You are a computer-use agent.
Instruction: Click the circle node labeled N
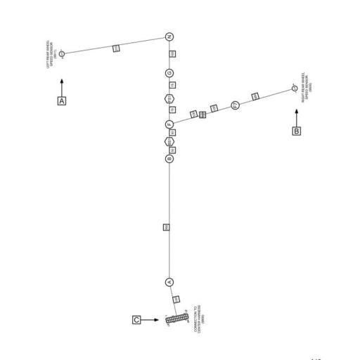click(x=169, y=37)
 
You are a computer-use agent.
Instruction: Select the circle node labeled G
click(x=169, y=72)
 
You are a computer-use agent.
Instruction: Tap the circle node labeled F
click(x=169, y=124)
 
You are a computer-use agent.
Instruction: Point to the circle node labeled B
click(x=169, y=160)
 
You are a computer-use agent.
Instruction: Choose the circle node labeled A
click(x=169, y=281)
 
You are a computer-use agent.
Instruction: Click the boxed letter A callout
click(x=62, y=101)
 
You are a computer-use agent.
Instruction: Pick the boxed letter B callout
click(x=296, y=130)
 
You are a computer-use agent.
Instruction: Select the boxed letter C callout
click(x=136, y=320)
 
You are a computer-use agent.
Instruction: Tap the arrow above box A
click(x=62, y=86)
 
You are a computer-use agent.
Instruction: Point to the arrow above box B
click(x=296, y=115)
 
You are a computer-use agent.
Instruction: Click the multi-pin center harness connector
click(x=174, y=320)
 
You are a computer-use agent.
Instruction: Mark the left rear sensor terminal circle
click(x=62, y=53)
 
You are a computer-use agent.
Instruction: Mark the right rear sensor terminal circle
click(x=295, y=89)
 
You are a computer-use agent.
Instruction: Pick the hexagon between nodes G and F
click(x=169, y=98)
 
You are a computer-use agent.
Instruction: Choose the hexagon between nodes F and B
click(x=169, y=142)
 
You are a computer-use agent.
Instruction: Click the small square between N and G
click(x=173, y=54)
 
